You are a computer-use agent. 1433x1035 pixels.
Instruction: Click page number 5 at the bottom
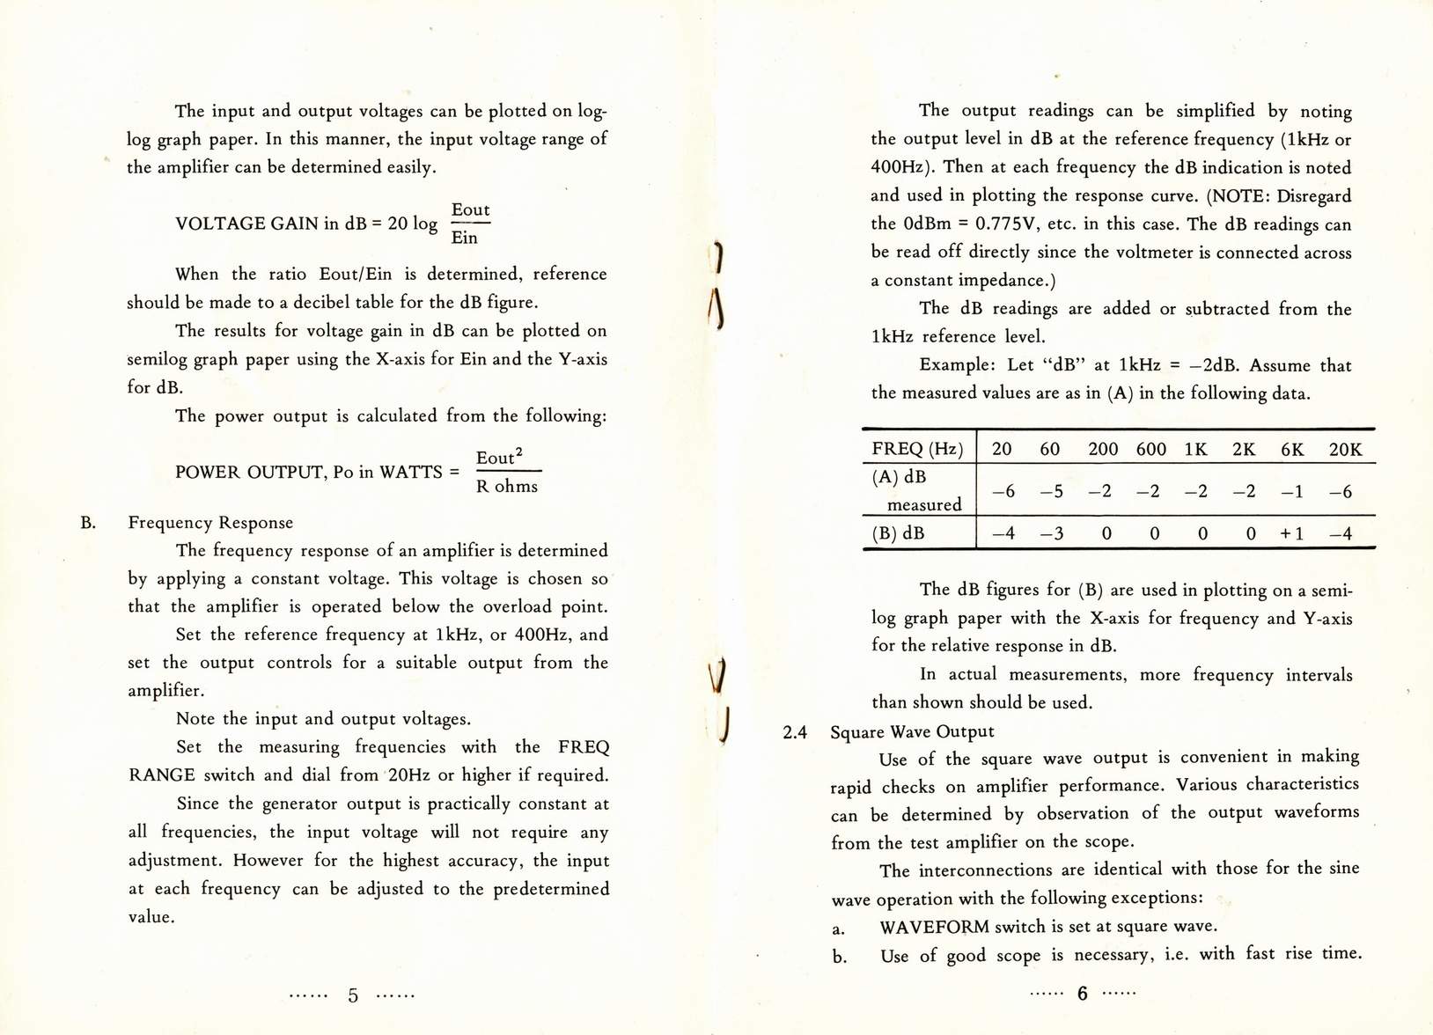click(x=353, y=995)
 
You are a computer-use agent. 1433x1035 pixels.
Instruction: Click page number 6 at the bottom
click(x=1083, y=994)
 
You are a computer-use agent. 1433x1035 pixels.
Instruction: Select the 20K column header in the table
click(x=1345, y=450)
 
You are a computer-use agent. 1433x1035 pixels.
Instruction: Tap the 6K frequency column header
click(x=1292, y=450)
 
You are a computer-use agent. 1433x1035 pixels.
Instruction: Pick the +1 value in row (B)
click(x=1291, y=533)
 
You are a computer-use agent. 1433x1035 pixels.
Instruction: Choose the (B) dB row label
click(x=898, y=533)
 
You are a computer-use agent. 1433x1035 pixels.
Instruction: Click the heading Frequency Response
click(x=210, y=523)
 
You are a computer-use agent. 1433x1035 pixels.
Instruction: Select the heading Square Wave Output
click(x=912, y=731)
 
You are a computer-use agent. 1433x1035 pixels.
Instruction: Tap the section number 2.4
click(x=794, y=731)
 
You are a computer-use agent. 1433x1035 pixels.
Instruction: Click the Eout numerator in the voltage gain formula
click(x=470, y=209)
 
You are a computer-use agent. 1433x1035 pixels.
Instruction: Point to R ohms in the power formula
click(x=506, y=486)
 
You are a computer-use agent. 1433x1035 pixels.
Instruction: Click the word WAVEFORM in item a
click(x=935, y=927)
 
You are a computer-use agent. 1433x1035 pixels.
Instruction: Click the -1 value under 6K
click(x=1291, y=491)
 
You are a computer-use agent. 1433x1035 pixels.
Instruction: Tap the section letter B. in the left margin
click(x=88, y=523)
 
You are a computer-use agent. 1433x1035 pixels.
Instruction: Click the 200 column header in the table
click(x=1103, y=450)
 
